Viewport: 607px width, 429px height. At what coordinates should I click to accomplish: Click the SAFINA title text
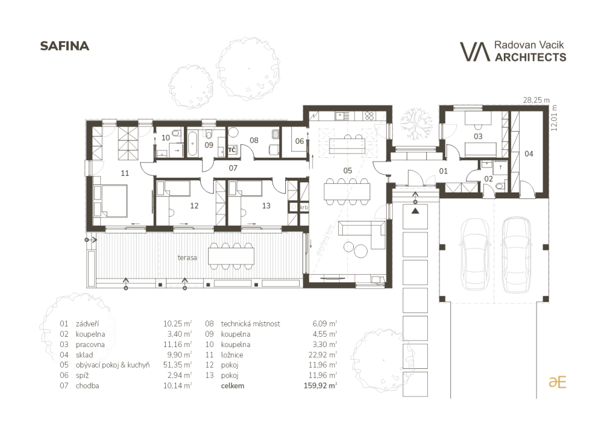click(65, 46)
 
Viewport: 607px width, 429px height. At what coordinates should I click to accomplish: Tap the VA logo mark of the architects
click(475, 52)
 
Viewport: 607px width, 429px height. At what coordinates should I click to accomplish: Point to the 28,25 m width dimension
click(536, 100)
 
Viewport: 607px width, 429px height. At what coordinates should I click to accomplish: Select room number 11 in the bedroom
click(124, 174)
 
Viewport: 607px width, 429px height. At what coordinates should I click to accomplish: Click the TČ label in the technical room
click(232, 150)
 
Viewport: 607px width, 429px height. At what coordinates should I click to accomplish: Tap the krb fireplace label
click(304, 208)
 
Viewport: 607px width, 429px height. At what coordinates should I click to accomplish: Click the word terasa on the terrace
click(188, 258)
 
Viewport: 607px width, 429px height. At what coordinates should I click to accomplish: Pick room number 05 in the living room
click(348, 171)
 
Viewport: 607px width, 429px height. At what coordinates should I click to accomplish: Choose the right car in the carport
click(517, 254)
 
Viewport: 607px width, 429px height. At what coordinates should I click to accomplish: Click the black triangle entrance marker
click(415, 211)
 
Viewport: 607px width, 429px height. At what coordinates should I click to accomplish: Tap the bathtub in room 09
click(193, 143)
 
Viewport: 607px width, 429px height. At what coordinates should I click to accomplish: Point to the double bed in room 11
click(110, 200)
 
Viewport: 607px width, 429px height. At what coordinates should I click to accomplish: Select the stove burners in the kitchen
click(369, 116)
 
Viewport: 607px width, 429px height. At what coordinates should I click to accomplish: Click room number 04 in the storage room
click(529, 154)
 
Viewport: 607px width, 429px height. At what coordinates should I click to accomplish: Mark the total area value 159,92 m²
click(320, 386)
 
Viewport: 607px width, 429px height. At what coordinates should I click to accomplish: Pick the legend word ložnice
click(232, 355)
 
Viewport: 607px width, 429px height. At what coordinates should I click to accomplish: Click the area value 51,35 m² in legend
click(178, 365)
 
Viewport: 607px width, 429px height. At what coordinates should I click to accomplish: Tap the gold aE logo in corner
click(557, 382)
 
